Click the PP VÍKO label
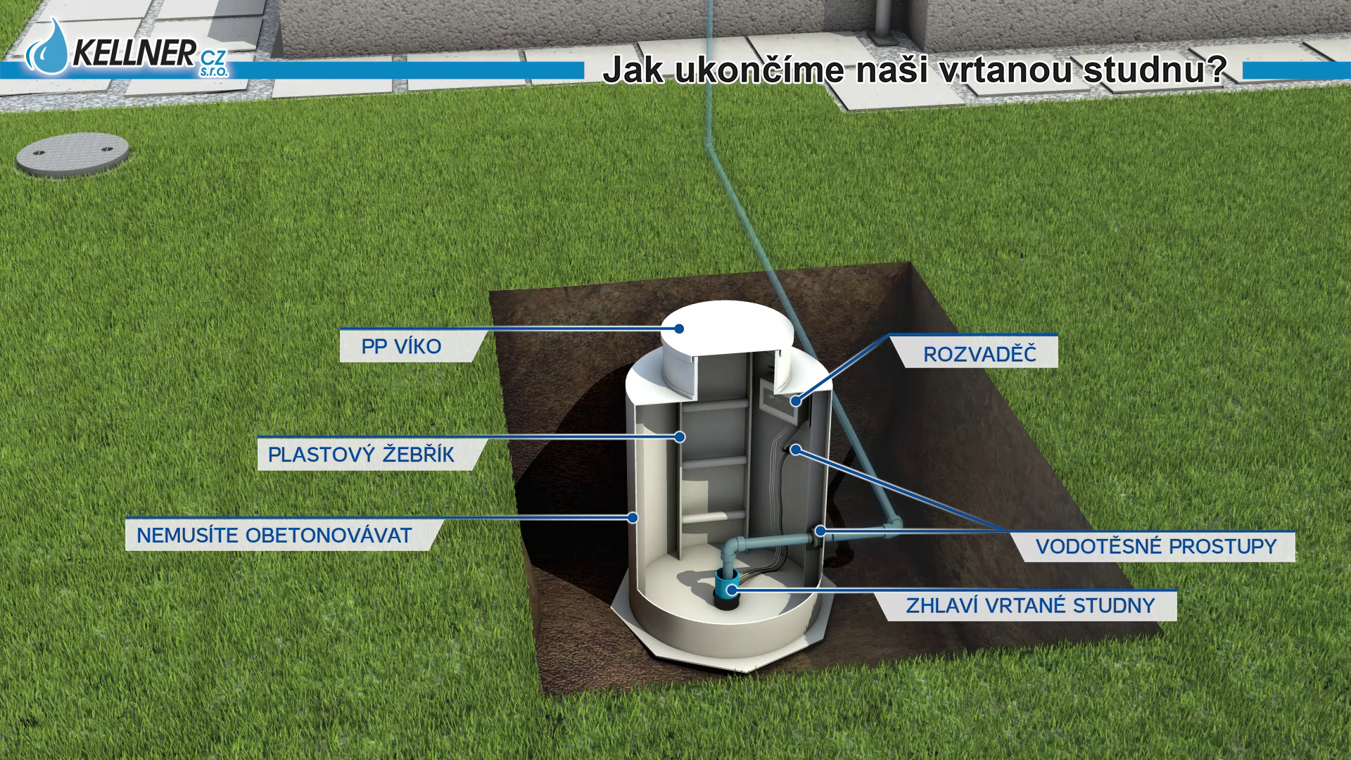(401, 346)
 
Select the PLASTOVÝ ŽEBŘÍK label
(361, 455)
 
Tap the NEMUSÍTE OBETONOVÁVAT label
(274, 535)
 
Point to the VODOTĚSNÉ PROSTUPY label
(1155, 546)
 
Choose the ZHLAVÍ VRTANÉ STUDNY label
(1030, 605)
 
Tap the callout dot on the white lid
(679, 328)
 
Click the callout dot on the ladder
(680, 437)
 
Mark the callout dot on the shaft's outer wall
(633, 517)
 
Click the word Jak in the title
(633, 71)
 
